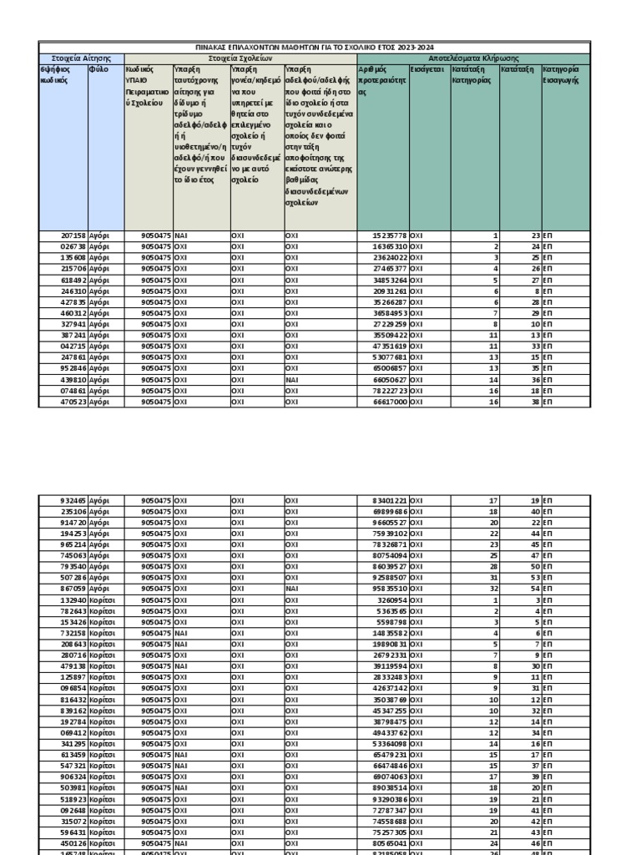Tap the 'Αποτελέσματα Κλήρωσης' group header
[x=473, y=59]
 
